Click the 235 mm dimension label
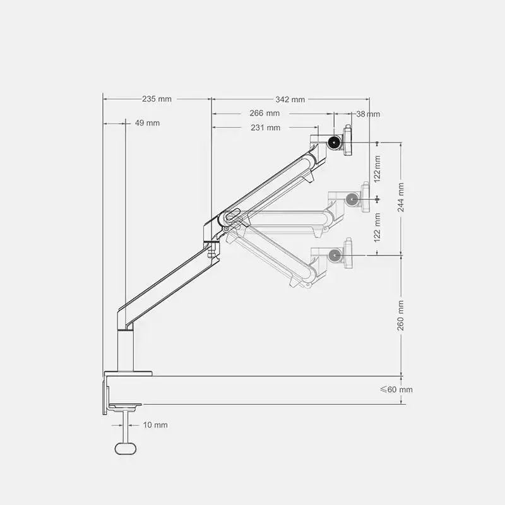[x=157, y=99]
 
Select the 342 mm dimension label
[x=290, y=99]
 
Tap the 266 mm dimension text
[x=264, y=114]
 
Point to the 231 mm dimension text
[x=265, y=128]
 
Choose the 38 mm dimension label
[x=368, y=114]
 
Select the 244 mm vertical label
[x=401, y=198]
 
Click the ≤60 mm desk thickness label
[x=396, y=389]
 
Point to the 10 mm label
[x=155, y=425]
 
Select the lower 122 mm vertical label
[x=377, y=227]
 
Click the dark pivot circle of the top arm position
[x=333, y=143]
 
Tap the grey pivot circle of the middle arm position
[x=352, y=198]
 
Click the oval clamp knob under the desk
[x=126, y=448]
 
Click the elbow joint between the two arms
[x=222, y=220]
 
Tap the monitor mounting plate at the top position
[x=347, y=141]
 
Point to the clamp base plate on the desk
[x=129, y=373]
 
